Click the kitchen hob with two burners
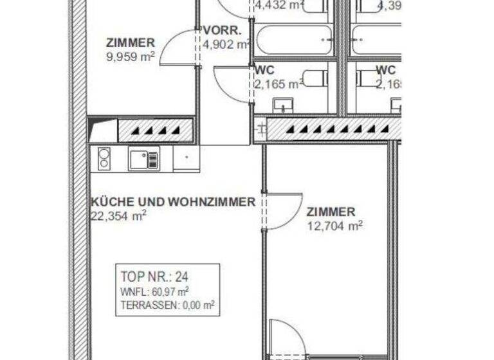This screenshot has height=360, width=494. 104,159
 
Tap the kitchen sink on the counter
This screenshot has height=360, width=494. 143,158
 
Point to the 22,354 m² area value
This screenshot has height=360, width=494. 118,216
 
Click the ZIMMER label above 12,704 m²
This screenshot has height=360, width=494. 331,212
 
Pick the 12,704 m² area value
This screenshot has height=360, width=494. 334,225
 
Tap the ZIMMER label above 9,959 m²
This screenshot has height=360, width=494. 131,43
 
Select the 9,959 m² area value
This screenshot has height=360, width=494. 131,56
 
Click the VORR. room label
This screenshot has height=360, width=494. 222,31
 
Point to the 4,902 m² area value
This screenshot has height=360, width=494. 226,44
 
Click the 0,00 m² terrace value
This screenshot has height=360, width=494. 196,306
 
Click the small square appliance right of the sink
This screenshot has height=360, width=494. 186,158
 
